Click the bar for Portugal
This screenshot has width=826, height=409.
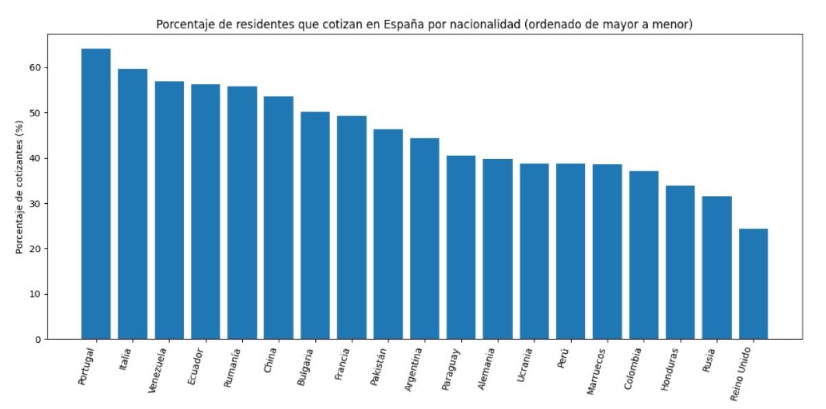[x=96, y=194]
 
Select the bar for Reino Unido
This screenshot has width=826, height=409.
[x=753, y=284]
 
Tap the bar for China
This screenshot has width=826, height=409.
[x=278, y=218]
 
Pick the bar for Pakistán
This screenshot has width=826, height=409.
[x=388, y=234]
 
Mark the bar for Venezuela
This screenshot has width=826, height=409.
[x=169, y=210]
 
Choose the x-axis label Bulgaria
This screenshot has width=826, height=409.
[x=306, y=366]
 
